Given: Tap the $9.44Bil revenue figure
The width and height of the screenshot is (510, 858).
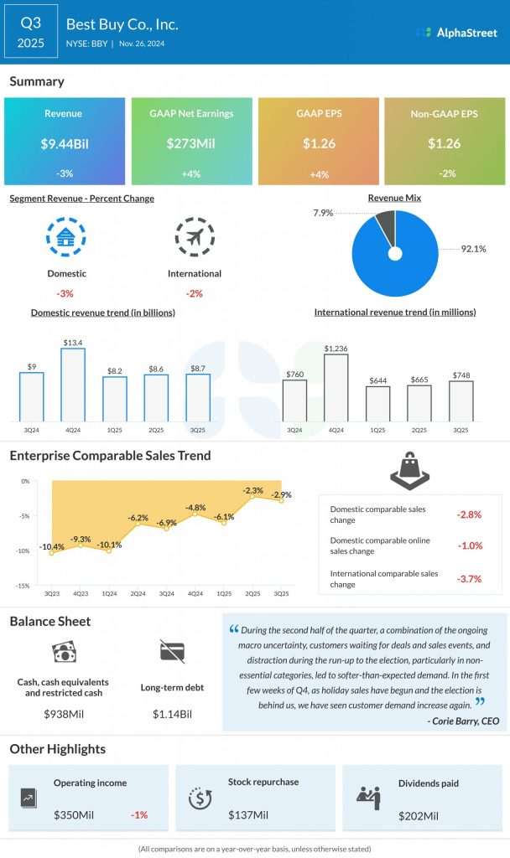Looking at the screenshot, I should [65, 143].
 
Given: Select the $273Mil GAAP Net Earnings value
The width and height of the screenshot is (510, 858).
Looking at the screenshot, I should [191, 143].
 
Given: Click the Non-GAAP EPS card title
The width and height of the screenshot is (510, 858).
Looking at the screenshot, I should [444, 114].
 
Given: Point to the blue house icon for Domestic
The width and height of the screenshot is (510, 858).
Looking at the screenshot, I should [66, 238].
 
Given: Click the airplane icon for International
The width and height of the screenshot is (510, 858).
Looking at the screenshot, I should [195, 238].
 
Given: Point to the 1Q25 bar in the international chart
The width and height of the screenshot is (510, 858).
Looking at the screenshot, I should [377, 403].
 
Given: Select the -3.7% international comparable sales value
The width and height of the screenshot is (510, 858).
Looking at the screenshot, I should [469, 579].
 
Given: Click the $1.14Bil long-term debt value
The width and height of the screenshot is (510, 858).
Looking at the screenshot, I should [171, 714].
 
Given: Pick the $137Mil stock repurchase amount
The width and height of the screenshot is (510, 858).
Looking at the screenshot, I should [248, 814].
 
